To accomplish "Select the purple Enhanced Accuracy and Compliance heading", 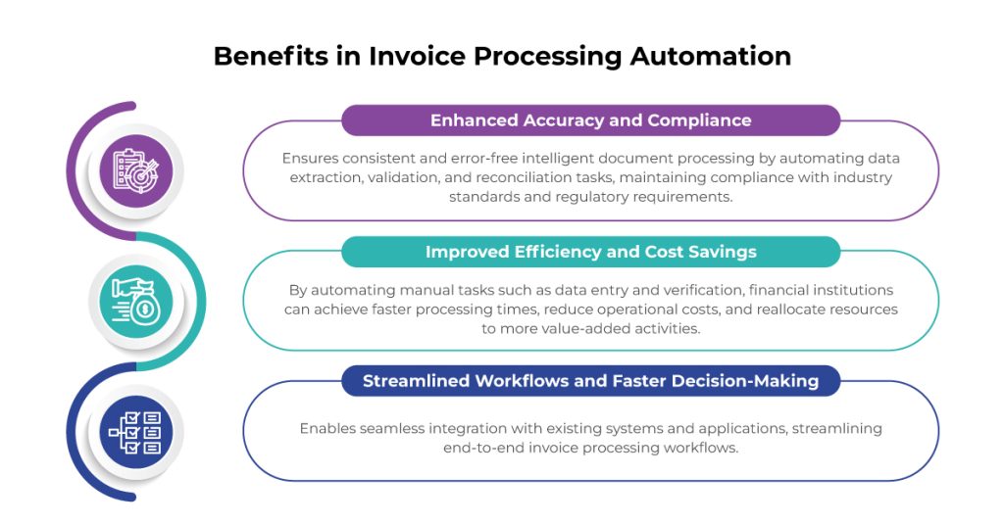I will [590, 120].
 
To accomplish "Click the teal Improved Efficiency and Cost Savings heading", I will [590, 252].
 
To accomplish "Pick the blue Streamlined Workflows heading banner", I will [590, 381].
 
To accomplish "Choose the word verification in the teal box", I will [662, 290].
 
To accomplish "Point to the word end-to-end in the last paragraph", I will [483, 448].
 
